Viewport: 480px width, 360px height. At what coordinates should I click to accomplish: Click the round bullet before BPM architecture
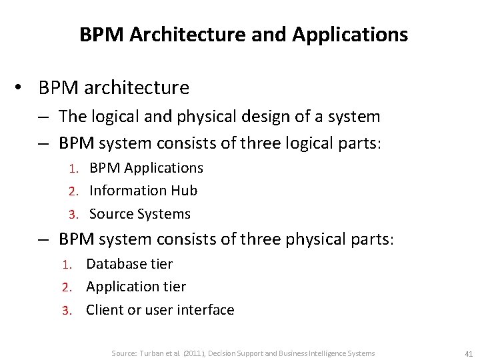pyautogui.click(x=20, y=87)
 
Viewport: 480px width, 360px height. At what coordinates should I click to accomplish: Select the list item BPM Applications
pyautogui.click(x=146, y=168)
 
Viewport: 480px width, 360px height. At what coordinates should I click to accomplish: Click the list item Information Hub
pyautogui.click(x=143, y=191)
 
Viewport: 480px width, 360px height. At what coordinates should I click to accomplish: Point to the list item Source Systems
pyautogui.click(x=140, y=214)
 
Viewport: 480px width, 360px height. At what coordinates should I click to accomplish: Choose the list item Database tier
pyautogui.click(x=129, y=264)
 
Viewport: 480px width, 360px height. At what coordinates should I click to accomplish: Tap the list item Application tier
pyautogui.click(x=136, y=287)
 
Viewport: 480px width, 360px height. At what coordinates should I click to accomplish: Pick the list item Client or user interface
pyautogui.click(x=160, y=310)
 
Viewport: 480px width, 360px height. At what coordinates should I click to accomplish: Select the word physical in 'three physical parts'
pyautogui.click(x=316, y=239)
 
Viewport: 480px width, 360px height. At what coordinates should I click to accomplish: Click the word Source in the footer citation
pyautogui.click(x=123, y=353)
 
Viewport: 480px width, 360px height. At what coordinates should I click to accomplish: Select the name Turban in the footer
pyautogui.click(x=151, y=353)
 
